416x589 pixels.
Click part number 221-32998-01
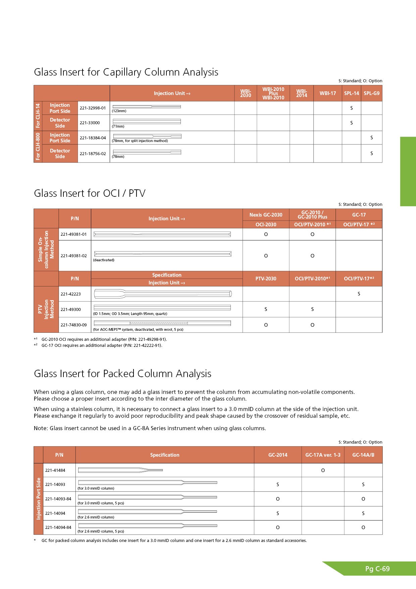pyautogui.click(x=93, y=108)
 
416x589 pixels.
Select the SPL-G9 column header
pyautogui.click(x=371, y=93)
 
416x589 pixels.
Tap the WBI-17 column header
pyautogui.click(x=327, y=93)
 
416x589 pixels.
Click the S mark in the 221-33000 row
pyautogui.click(x=351, y=123)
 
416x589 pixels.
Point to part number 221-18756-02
pyautogui.click(x=93, y=154)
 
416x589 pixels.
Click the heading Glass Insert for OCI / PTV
pyautogui.click(x=90, y=193)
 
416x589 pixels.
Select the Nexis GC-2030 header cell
pyautogui.click(x=266, y=215)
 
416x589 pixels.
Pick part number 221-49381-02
pyautogui.click(x=73, y=256)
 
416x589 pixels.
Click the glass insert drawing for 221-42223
pyautogui.click(x=163, y=294)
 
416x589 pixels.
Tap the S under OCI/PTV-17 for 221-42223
pyautogui.click(x=359, y=294)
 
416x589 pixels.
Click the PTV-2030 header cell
pyautogui.click(x=266, y=279)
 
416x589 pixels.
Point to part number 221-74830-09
pyautogui.click(x=73, y=325)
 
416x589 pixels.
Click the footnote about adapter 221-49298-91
pyautogui.click(x=104, y=339)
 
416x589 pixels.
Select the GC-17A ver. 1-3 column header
pyautogui.click(x=323, y=455)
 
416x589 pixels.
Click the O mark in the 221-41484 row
pyautogui.click(x=323, y=470)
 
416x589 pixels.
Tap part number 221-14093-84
pyautogui.click(x=58, y=499)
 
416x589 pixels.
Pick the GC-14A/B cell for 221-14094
pyautogui.click(x=363, y=513)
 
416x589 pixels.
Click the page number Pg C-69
pyautogui.click(x=377, y=569)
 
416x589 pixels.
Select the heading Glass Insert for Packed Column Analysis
pyautogui.click(x=122, y=374)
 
